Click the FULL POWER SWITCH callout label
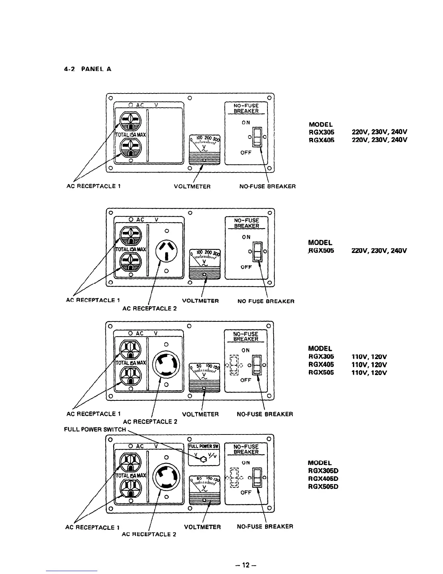[95, 429]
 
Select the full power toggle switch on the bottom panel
[204, 459]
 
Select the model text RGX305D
[323, 471]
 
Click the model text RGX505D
[323, 487]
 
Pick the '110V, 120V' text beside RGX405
[369, 365]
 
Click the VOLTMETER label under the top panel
[192, 187]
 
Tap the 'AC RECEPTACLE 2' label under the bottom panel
[149, 534]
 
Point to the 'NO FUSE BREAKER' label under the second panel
[266, 301]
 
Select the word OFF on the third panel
[246, 380]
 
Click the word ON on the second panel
[246, 237]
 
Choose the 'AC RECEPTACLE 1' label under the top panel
[93, 186]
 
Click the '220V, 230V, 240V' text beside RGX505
[379, 251]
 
